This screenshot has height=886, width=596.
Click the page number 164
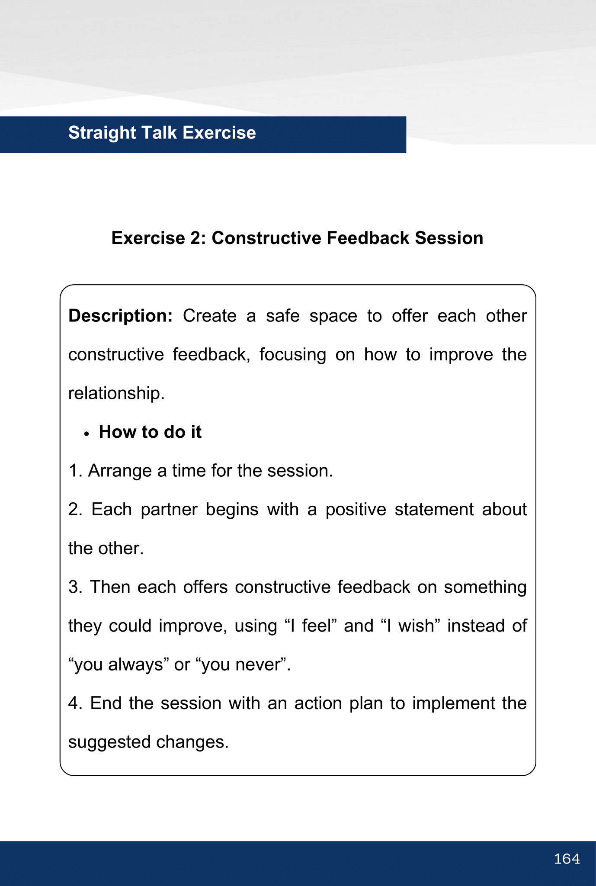[x=567, y=859]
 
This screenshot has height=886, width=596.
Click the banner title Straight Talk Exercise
[x=162, y=133]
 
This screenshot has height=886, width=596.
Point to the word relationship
[x=116, y=393]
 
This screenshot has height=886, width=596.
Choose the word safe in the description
[x=282, y=316]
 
